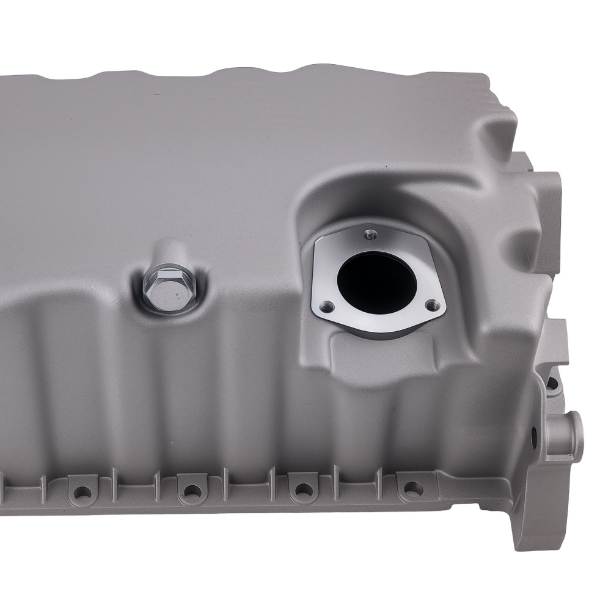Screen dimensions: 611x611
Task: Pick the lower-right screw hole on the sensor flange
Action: (433, 304)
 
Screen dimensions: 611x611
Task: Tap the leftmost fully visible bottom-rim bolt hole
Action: (81, 491)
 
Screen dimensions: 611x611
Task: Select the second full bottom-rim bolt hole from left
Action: (192, 490)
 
